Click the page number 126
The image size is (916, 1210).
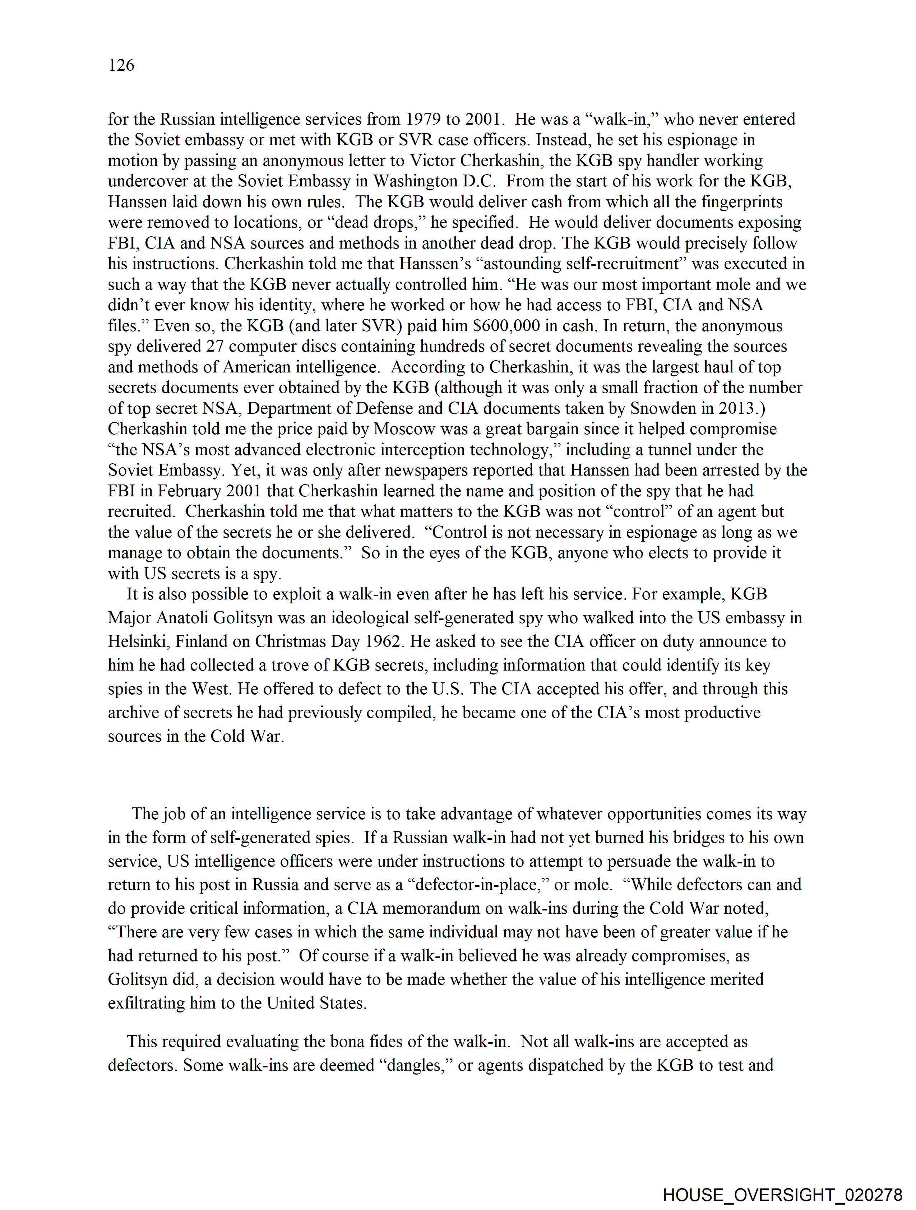(x=121, y=65)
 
